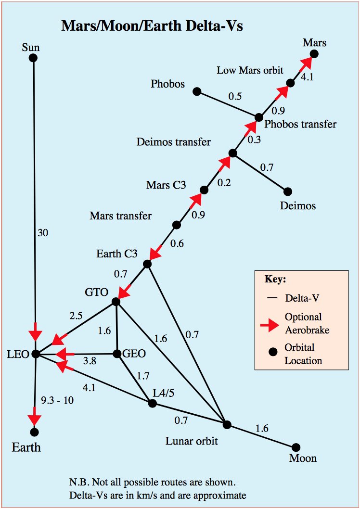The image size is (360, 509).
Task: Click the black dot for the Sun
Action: click(x=33, y=58)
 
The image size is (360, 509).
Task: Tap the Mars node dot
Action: click(x=314, y=54)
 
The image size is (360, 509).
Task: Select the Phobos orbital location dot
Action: click(x=196, y=91)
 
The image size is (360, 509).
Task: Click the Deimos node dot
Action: click(x=288, y=191)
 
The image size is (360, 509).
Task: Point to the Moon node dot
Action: click(x=296, y=447)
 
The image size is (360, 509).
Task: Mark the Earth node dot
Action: click(x=34, y=432)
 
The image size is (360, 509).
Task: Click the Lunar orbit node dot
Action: click(x=227, y=424)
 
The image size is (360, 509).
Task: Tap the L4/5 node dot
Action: click(x=153, y=403)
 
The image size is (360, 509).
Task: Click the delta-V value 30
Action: click(x=43, y=232)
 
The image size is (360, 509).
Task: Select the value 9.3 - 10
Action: click(x=58, y=400)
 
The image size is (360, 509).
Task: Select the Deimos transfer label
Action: click(x=174, y=142)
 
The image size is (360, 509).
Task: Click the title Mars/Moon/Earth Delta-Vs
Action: click(x=152, y=26)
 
